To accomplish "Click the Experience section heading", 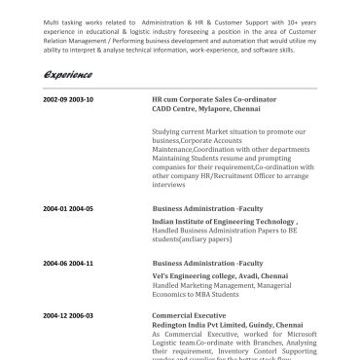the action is pyautogui.click(x=67, y=75).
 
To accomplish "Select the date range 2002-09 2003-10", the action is pyautogui.click(x=68, y=99).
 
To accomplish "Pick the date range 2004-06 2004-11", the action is pyautogui.click(x=68, y=264).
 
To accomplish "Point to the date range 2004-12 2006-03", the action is pyautogui.click(x=68, y=316).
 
